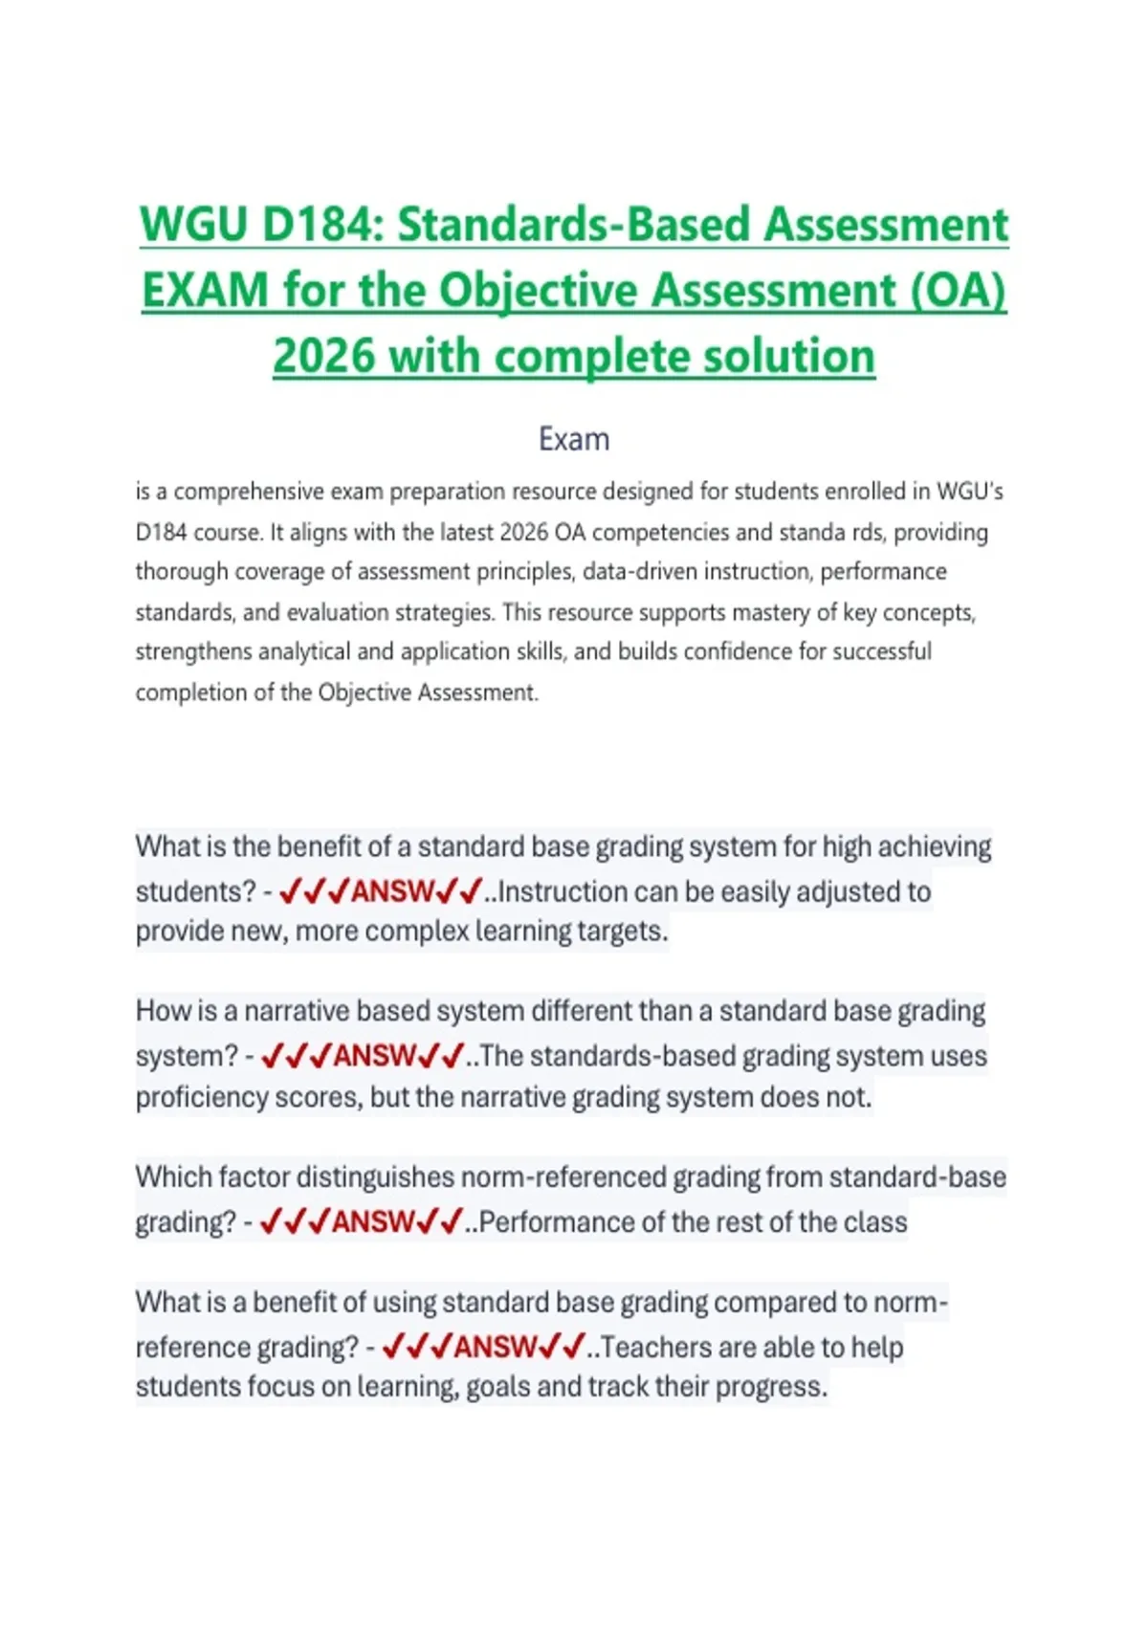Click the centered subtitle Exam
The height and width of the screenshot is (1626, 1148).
tap(574, 439)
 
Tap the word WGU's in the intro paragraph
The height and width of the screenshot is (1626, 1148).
tap(970, 492)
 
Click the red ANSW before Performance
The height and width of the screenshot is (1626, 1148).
tap(373, 1222)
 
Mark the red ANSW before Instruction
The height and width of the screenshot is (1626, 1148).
tap(392, 892)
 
